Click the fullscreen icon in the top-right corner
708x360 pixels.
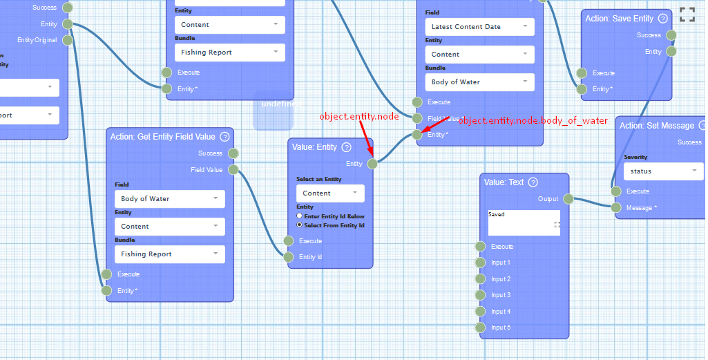pos(687,15)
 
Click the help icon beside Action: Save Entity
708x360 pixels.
pos(663,19)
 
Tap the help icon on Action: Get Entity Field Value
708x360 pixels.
pos(224,137)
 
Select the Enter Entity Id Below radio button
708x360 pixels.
pos(299,216)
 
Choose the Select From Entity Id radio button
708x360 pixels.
pos(299,225)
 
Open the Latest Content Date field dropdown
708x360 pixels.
pos(479,27)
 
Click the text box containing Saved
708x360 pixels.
pos(524,222)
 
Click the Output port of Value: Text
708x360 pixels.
pos(568,199)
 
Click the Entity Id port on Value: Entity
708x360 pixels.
pos(289,257)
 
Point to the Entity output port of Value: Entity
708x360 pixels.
pos(372,164)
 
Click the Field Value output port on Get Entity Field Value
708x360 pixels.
pos(233,169)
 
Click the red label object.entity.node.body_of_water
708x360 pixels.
pos(533,121)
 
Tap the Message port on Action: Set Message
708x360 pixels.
pos(616,207)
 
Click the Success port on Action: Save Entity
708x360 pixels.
pos(671,35)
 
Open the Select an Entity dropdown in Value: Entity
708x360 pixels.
pos(334,193)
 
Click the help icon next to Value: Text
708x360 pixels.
pos(533,182)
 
